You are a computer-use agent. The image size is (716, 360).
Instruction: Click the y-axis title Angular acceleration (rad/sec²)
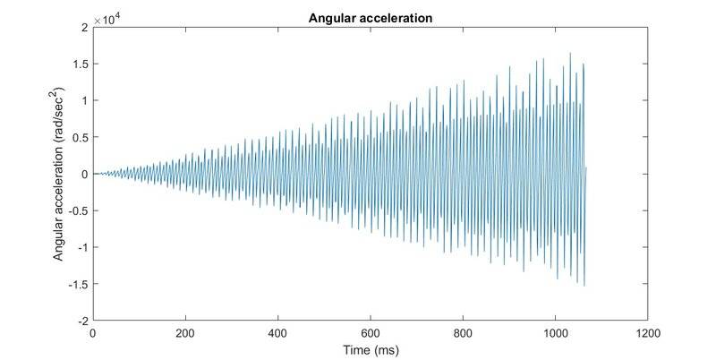pos(59,175)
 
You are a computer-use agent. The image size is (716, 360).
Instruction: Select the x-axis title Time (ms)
pos(370,347)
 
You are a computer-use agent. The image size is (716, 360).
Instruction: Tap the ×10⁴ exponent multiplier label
pos(111,19)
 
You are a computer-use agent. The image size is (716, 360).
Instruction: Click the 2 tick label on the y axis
pos(83,28)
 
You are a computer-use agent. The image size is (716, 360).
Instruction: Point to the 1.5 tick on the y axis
pos(79,64)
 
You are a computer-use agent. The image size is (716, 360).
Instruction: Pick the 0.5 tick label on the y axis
pos(79,138)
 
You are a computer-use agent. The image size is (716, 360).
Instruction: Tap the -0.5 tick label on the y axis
pos(77,211)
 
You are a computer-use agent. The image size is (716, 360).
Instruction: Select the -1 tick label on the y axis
pos(81,248)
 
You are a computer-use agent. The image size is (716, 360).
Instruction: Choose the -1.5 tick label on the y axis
pos(77,284)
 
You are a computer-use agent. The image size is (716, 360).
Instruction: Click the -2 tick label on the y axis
pos(81,321)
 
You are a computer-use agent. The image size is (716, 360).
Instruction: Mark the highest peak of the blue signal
pos(570,54)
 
